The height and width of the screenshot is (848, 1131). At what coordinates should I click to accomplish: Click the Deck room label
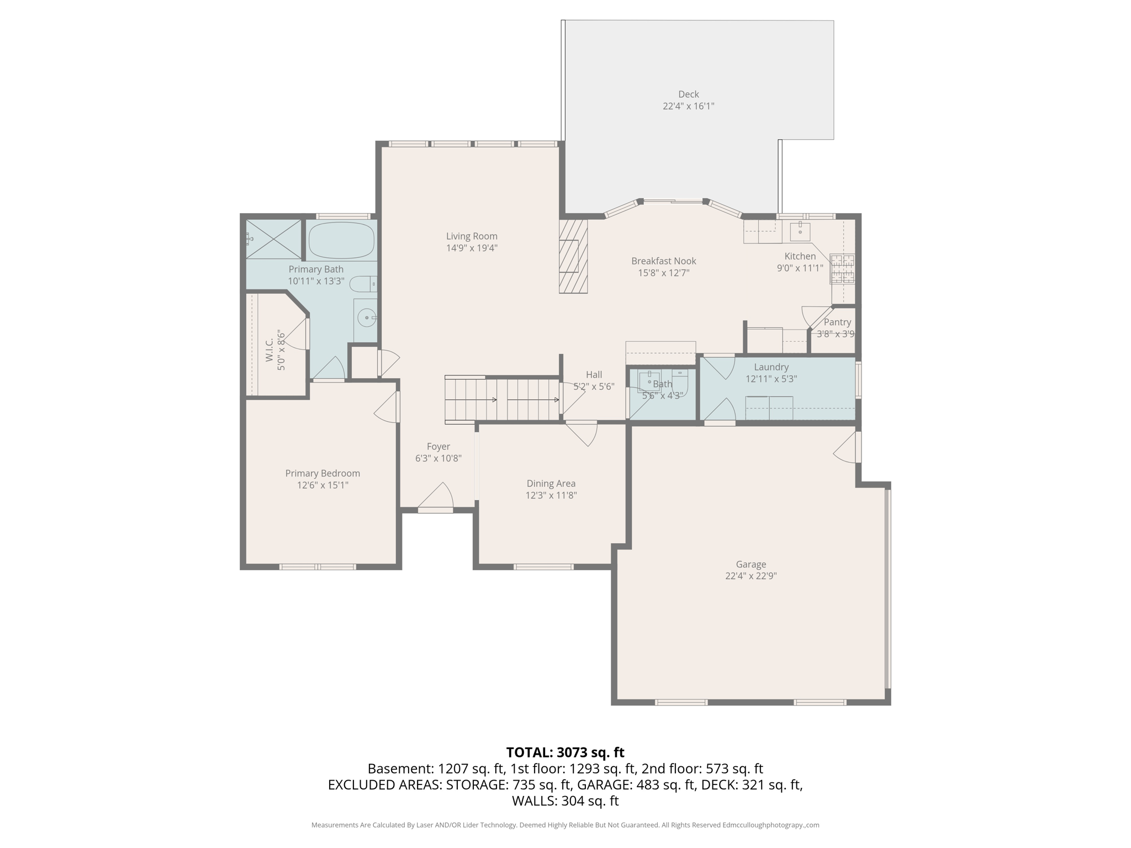click(x=688, y=94)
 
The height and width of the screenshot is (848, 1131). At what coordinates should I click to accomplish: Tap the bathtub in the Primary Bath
click(x=341, y=240)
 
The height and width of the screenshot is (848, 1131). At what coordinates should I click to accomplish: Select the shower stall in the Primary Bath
click(x=273, y=239)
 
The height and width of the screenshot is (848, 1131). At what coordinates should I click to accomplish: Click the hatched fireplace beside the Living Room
click(x=573, y=256)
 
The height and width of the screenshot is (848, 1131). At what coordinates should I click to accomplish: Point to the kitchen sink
click(x=800, y=231)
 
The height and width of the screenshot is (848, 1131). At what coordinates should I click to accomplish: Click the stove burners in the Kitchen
click(x=842, y=268)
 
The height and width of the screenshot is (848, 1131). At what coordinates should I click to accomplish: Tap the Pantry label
click(x=837, y=322)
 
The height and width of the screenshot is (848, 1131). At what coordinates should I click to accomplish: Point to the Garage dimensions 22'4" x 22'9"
click(x=751, y=576)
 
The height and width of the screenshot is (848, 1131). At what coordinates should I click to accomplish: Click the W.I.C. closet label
click(x=269, y=350)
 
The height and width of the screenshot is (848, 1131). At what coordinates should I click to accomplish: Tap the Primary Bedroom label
click(x=323, y=473)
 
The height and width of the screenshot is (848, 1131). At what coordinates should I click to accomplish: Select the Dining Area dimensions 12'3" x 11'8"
click(x=551, y=495)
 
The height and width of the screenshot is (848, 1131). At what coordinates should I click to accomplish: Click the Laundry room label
click(x=771, y=367)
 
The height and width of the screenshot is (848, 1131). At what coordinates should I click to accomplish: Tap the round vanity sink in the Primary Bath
click(x=366, y=318)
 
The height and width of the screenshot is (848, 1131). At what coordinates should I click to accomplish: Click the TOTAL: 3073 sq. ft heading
click(x=565, y=752)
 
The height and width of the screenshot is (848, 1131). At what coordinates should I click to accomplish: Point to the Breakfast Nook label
click(x=663, y=261)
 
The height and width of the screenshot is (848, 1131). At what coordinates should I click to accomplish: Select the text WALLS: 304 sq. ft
click(x=565, y=801)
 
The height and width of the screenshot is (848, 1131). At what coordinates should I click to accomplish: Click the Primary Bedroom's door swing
click(x=387, y=409)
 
